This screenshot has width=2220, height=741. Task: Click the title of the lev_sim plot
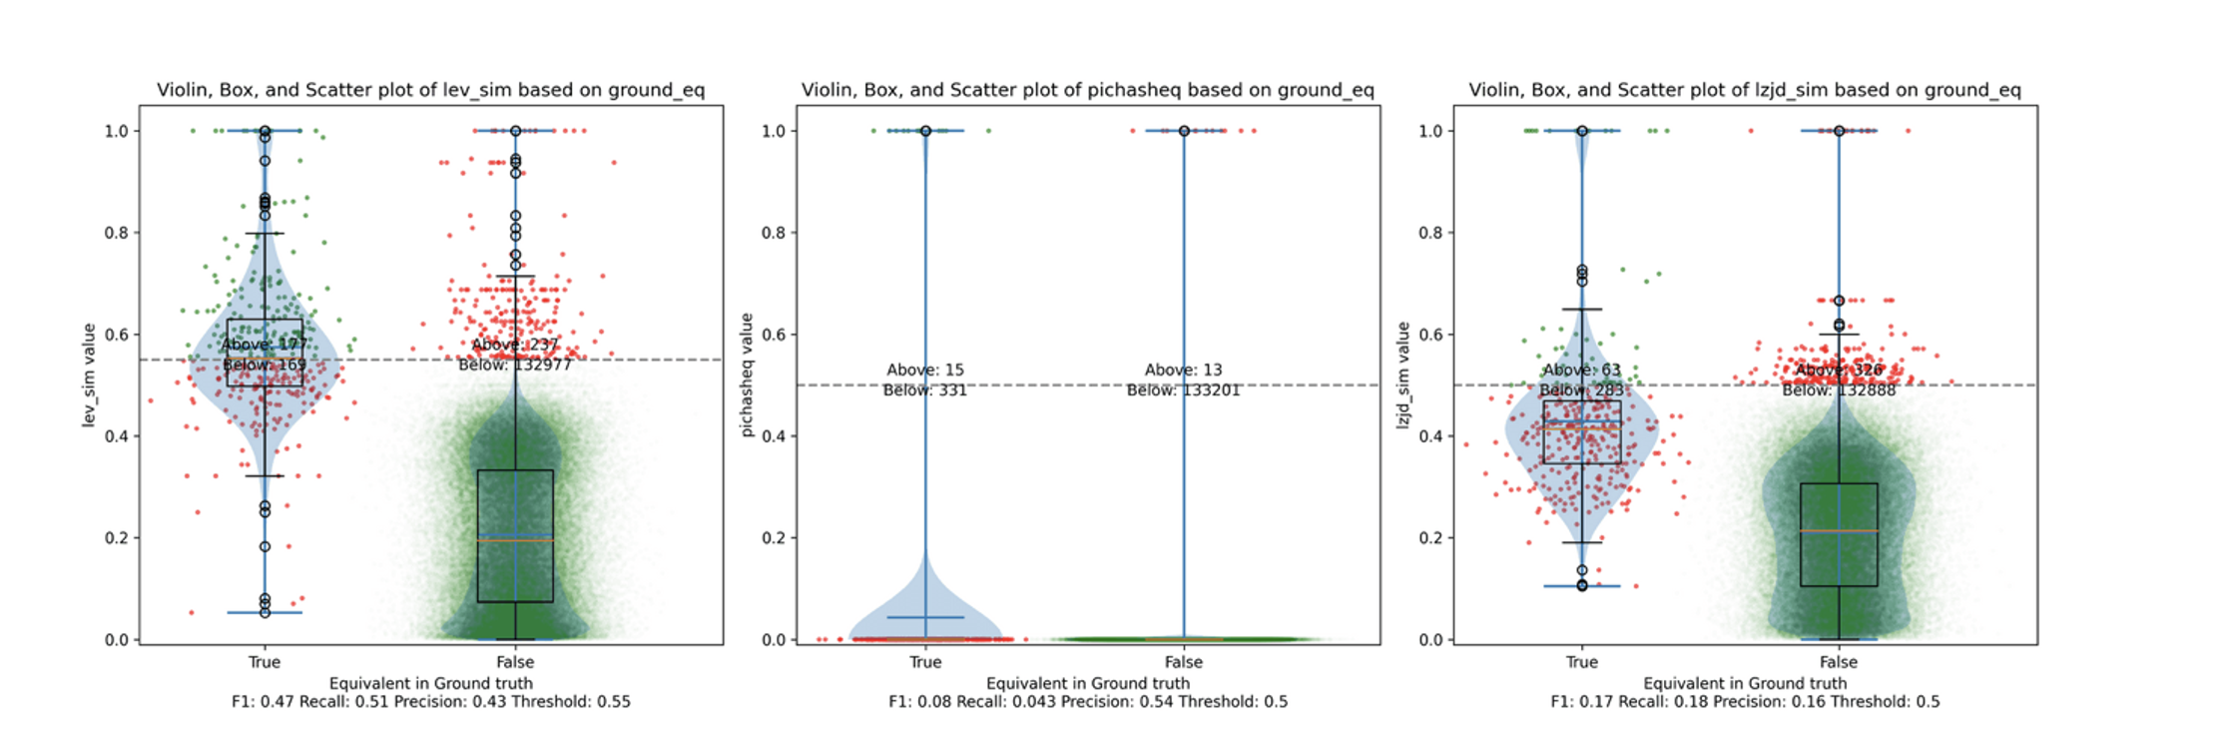(430, 90)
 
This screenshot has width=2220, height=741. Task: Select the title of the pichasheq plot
(1087, 90)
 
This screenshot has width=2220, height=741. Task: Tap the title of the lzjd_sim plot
(1744, 90)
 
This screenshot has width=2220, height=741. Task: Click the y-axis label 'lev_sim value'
(89, 375)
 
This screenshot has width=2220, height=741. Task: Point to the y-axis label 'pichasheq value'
(746, 375)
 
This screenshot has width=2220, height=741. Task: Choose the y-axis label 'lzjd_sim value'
(1402, 375)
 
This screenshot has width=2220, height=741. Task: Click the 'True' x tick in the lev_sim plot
(265, 662)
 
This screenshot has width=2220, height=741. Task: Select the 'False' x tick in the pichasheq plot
(1184, 662)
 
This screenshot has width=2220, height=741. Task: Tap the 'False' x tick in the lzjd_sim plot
(1838, 662)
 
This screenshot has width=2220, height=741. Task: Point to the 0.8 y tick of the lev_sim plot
(117, 233)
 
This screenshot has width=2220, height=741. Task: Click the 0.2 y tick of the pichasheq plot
(774, 538)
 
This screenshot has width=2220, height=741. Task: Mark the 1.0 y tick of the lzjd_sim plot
(1430, 131)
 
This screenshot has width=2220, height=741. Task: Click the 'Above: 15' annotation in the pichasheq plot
(925, 370)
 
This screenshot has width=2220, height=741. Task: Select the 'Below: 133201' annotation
(1184, 389)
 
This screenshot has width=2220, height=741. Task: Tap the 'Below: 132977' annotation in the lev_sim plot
(515, 365)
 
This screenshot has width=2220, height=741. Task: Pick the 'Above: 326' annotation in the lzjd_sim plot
(1839, 370)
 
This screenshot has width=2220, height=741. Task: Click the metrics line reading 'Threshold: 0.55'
(430, 701)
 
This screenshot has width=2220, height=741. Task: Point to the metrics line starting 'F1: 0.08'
(1087, 701)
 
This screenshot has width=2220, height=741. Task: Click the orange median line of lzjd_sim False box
(1839, 530)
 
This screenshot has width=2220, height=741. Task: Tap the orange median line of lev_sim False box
(515, 540)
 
